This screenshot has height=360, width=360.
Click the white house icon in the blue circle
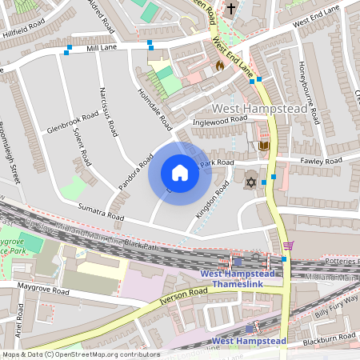tap(179, 173)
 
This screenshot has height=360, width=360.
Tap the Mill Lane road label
tap(102, 49)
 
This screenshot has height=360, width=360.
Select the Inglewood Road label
tap(220, 121)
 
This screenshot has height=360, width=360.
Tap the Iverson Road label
tap(183, 296)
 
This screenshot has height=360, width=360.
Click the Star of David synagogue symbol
tap(251, 184)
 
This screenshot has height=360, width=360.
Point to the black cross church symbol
tap(231, 9)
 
